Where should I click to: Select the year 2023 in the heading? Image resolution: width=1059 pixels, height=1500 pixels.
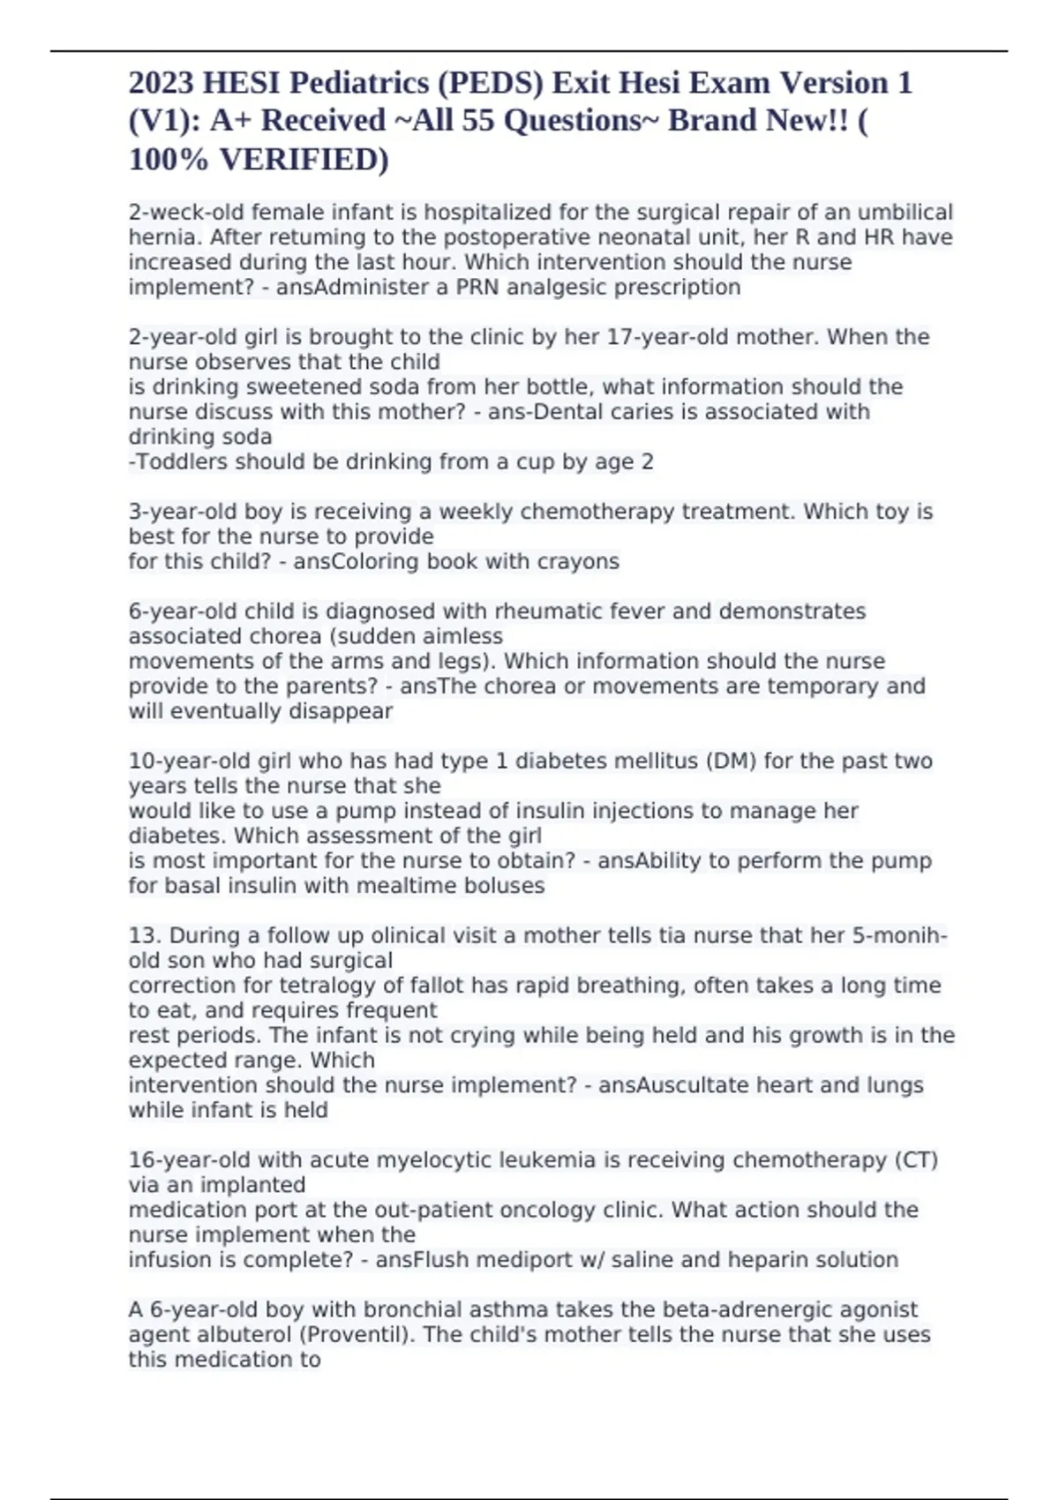tap(161, 83)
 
